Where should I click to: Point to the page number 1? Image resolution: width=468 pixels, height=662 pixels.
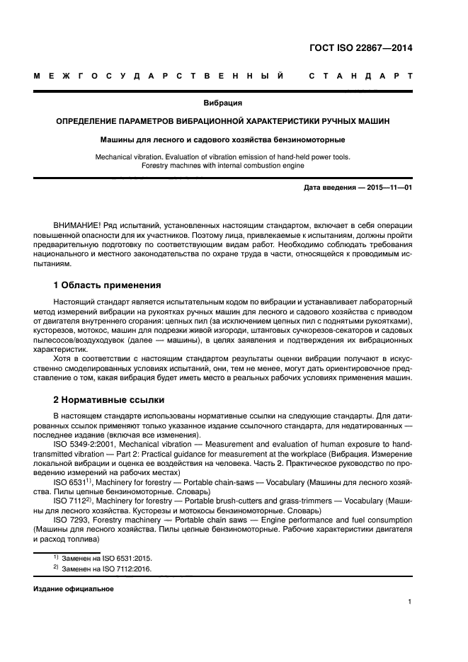[410, 603]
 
